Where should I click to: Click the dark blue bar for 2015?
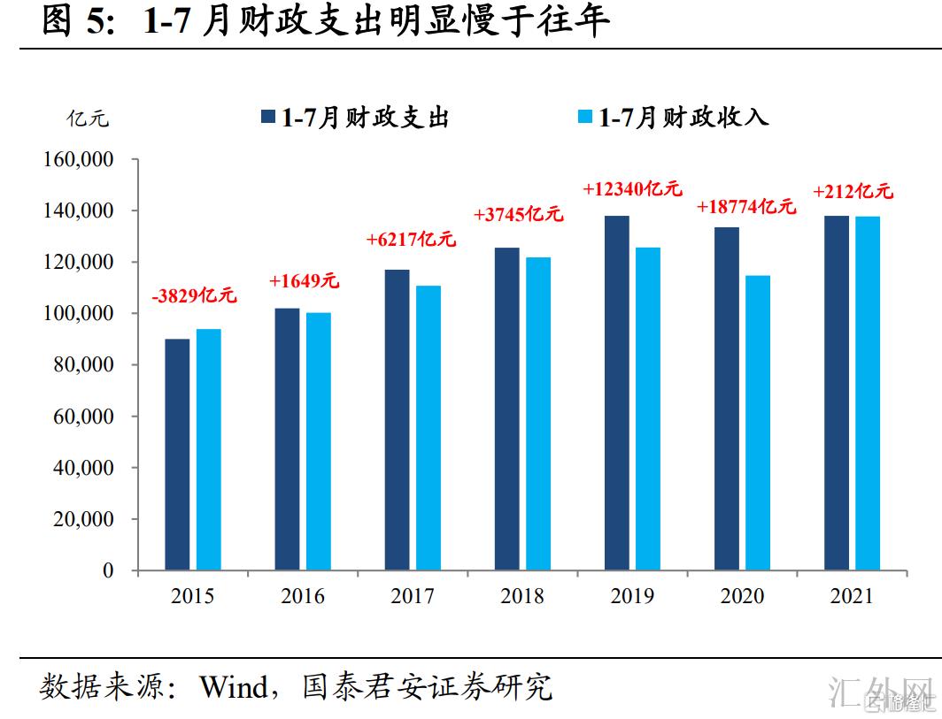tap(177, 455)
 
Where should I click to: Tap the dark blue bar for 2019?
tap(616, 393)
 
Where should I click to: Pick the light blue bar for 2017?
tap(429, 428)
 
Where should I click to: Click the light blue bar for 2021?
tap(868, 393)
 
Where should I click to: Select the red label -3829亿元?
tap(194, 296)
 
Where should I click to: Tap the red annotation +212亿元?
tap(853, 190)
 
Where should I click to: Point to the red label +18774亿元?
tap(746, 207)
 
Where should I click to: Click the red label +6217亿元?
tap(411, 239)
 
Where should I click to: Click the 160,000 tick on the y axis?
tap(78, 160)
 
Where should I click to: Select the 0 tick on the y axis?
tap(108, 571)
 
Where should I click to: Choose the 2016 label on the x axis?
tap(303, 596)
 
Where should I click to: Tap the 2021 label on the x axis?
tap(852, 596)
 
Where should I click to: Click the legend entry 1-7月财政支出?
tap(354, 118)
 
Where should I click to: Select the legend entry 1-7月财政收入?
tap(673, 118)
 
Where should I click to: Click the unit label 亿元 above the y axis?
tap(89, 118)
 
